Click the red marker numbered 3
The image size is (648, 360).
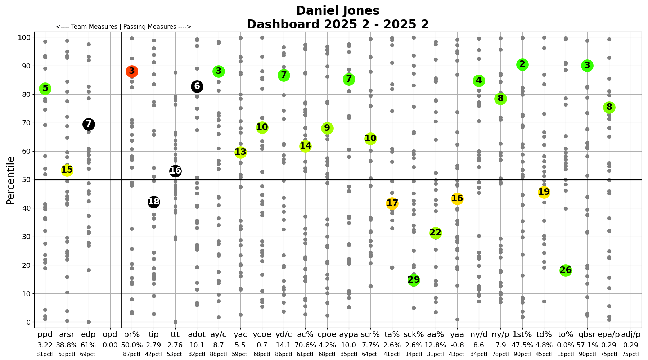(x=132, y=71)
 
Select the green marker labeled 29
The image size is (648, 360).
(x=414, y=280)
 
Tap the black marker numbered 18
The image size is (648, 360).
(x=154, y=202)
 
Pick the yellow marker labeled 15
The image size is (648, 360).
(x=67, y=170)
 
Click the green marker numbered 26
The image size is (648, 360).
(x=566, y=270)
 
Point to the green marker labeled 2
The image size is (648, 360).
(x=522, y=65)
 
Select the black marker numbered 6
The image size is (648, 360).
(x=197, y=86)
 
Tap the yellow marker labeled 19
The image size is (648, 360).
(x=544, y=192)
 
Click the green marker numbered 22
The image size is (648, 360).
(x=436, y=233)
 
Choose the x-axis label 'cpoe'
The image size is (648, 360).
(x=327, y=335)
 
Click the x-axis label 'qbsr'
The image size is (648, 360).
(x=587, y=335)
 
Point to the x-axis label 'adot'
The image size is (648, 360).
(x=197, y=335)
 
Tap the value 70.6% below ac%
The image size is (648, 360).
(x=305, y=345)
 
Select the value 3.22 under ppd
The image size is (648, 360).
(x=45, y=345)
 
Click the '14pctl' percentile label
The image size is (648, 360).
(x=414, y=354)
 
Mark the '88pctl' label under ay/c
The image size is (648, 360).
(x=219, y=354)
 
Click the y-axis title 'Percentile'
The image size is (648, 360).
(x=11, y=180)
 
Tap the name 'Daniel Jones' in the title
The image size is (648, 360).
(x=338, y=11)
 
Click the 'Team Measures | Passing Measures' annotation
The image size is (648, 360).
(x=123, y=27)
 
